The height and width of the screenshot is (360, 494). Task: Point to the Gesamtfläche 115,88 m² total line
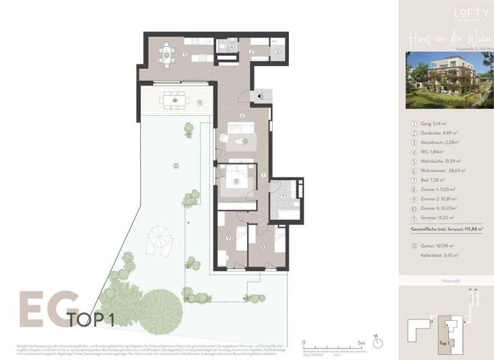pos(446,228)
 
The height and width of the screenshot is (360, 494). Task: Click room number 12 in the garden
pos(176,165)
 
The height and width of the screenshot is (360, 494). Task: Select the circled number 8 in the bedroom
pos(236,181)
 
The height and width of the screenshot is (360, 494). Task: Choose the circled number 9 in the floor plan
pos(228,239)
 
